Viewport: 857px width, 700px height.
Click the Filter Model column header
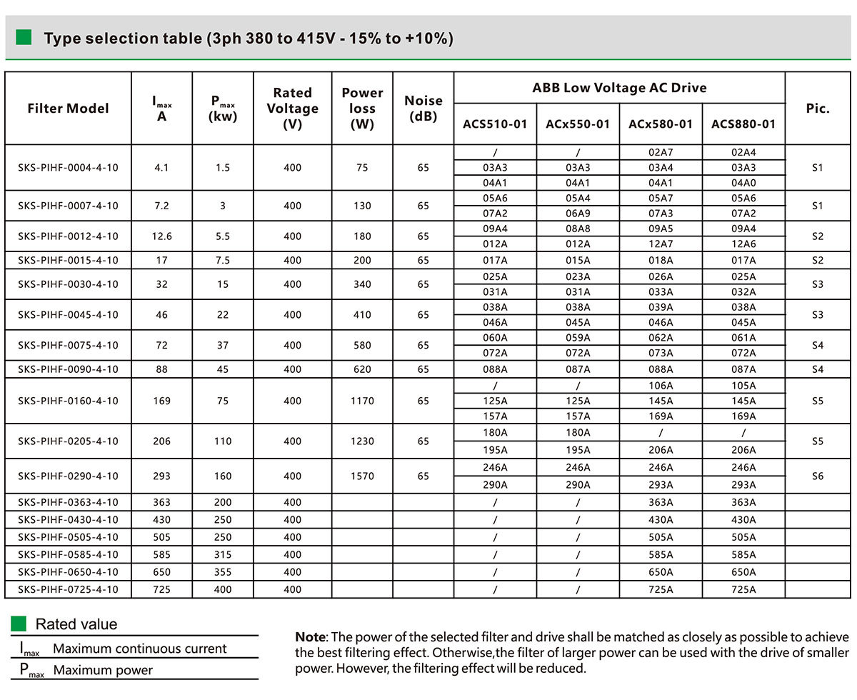pos(68,109)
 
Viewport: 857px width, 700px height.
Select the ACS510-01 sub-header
pos(494,124)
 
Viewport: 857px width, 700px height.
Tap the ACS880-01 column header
pos(743,124)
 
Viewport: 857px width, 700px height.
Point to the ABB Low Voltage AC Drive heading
pos(618,88)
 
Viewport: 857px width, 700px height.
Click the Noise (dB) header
pos(423,108)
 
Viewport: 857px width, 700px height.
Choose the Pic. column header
pos(818,109)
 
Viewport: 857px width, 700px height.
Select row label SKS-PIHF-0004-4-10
pos(68,167)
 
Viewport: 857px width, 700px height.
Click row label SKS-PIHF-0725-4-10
pos(68,589)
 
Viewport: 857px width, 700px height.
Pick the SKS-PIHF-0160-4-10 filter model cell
pos(68,401)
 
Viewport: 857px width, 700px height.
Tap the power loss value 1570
pos(362,476)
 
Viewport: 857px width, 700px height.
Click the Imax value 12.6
pos(161,236)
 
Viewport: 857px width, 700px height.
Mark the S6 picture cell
pos(818,476)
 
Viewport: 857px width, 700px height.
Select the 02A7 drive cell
pos(660,152)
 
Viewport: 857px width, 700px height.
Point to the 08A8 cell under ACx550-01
pos(577,229)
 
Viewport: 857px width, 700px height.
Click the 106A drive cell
pos(660,386)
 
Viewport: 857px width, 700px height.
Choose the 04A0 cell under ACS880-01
pos(743,182)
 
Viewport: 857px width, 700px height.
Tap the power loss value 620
pos(362,369)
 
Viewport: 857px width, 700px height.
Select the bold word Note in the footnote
pos(310,637)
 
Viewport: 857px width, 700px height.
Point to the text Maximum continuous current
pos(139,649)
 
